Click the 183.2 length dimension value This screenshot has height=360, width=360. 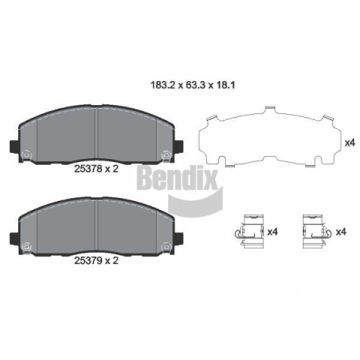[162, 85]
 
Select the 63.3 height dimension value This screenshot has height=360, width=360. [195, 85]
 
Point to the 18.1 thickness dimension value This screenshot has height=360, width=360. [225, 85]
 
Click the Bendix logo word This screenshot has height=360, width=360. [177, 178]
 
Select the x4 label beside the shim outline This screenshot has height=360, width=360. [350, 143]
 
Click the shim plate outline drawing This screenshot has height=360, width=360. [270, 136]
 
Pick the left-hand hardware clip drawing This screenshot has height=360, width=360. [250, 232]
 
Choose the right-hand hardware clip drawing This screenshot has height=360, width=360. [316, 232]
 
